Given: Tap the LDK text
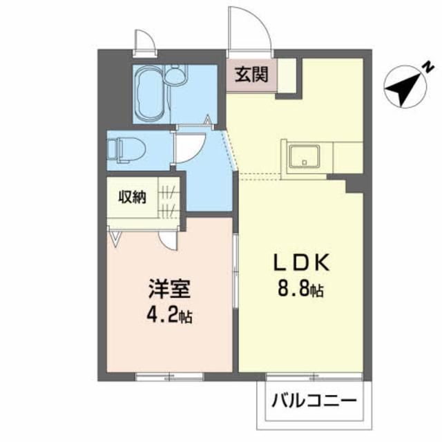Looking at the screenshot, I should (298, 263).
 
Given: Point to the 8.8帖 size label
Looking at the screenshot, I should (299, 291).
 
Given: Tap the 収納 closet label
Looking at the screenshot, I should (132, 197).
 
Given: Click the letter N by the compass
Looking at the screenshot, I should (427, 67).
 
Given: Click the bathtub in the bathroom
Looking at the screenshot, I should (149, 95).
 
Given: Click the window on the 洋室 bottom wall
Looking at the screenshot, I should (169, 376).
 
